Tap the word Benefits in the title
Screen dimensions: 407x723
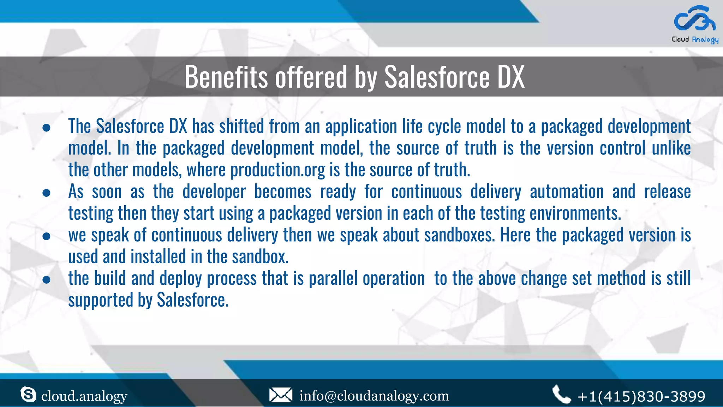226,77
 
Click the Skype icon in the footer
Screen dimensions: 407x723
28,394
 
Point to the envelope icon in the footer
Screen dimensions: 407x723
281,395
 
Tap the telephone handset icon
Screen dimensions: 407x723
561,395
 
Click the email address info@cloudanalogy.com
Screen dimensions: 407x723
374,396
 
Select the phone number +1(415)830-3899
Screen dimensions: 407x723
641,396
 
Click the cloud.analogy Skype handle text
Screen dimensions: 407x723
84,396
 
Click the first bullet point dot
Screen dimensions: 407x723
46,128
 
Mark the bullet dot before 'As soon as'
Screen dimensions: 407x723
46,193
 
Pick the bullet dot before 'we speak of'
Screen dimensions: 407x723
46,236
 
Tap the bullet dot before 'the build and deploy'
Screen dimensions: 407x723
46,280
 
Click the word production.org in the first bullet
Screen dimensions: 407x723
277,170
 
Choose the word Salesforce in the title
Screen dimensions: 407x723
437,77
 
